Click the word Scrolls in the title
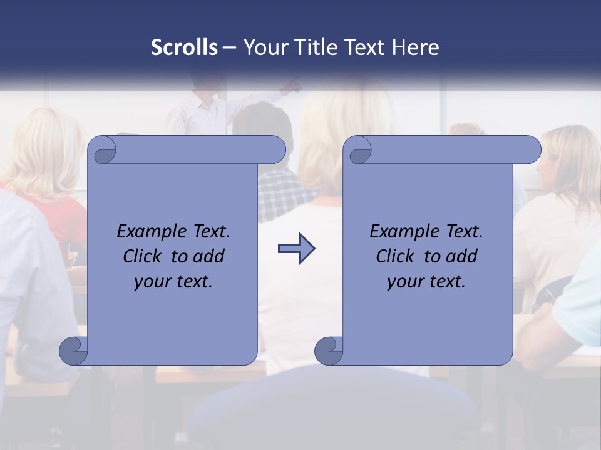click(x=185, y=47)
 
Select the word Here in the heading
click(x=416, y=47)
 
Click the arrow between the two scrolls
click(x=296, y=249)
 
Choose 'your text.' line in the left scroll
click(x=173, y=281)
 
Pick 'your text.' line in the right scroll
click(x=426, y=281)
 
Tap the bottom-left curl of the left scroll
click(x=73, y=351)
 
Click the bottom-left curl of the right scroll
click(x=328, y=351)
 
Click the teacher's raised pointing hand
click(x=293, y=84)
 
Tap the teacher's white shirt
click(x=200, y=116)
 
